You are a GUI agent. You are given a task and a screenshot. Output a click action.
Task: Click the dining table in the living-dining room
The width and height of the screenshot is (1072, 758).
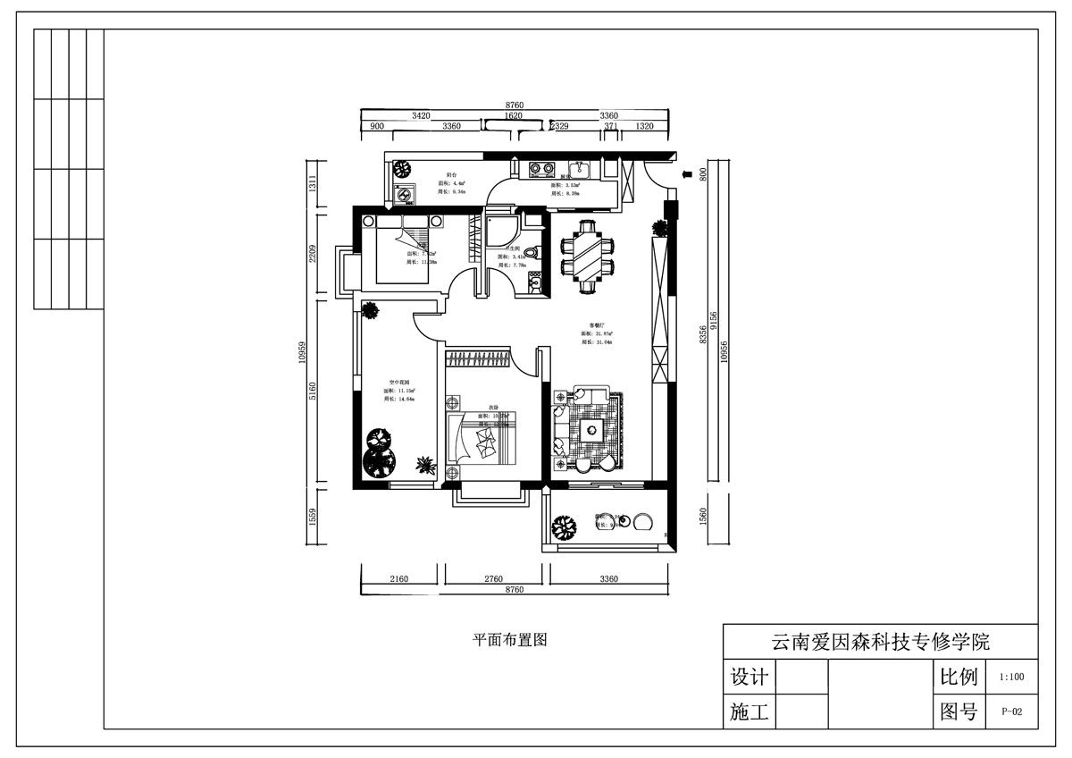[x=587, y=256]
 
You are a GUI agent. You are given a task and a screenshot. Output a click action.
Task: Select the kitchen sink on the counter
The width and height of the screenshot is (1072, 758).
[x=578, y=167]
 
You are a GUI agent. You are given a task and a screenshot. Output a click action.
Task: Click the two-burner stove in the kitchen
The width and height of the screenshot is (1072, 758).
[x=541, y=167]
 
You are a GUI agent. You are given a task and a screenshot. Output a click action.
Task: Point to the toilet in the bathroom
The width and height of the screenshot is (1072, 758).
[x=531, y=254]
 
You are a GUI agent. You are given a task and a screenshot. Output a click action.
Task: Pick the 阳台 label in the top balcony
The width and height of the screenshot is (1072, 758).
[x=453, y=175]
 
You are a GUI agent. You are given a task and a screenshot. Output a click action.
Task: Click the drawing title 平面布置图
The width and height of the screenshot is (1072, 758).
[x=508, y=639]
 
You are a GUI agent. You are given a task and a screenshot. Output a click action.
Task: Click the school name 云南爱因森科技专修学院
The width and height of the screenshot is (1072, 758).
[x=880, y=642]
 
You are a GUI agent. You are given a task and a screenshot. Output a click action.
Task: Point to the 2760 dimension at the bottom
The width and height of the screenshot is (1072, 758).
[x=494, y=579]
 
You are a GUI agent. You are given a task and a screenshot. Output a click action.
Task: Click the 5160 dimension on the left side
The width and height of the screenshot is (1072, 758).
[x=313, y=392]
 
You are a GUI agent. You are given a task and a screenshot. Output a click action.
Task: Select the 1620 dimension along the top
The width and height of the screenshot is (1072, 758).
[x=513, y=116]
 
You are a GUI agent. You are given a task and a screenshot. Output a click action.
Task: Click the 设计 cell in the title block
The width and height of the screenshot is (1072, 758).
[x=749, y=677]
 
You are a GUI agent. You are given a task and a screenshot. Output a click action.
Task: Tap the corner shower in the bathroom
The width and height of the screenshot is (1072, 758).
[x=498, y=224]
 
